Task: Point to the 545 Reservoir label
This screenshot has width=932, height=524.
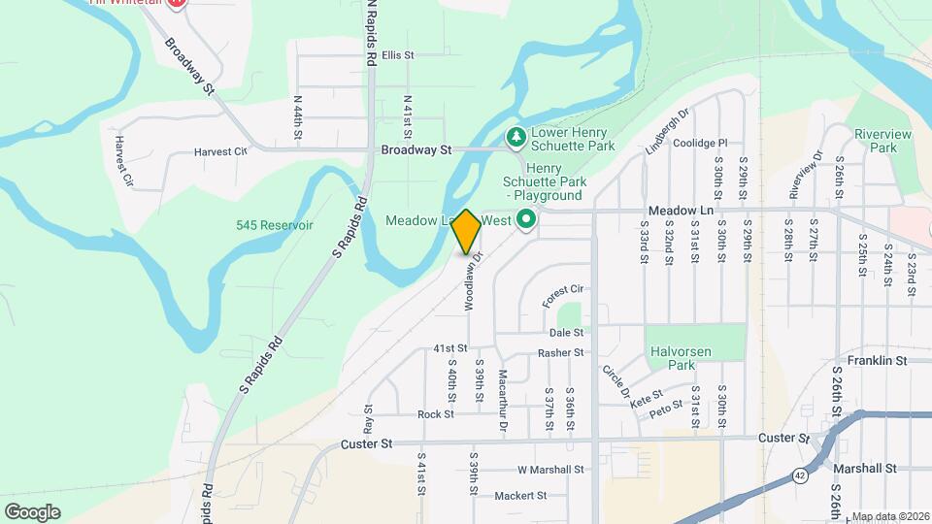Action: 275,225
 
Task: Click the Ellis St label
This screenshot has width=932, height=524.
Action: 398,55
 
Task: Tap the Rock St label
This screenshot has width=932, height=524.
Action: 435,414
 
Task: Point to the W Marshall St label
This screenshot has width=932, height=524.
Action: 550,470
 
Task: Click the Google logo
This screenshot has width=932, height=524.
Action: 32,511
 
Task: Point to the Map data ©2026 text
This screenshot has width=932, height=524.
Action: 890,516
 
